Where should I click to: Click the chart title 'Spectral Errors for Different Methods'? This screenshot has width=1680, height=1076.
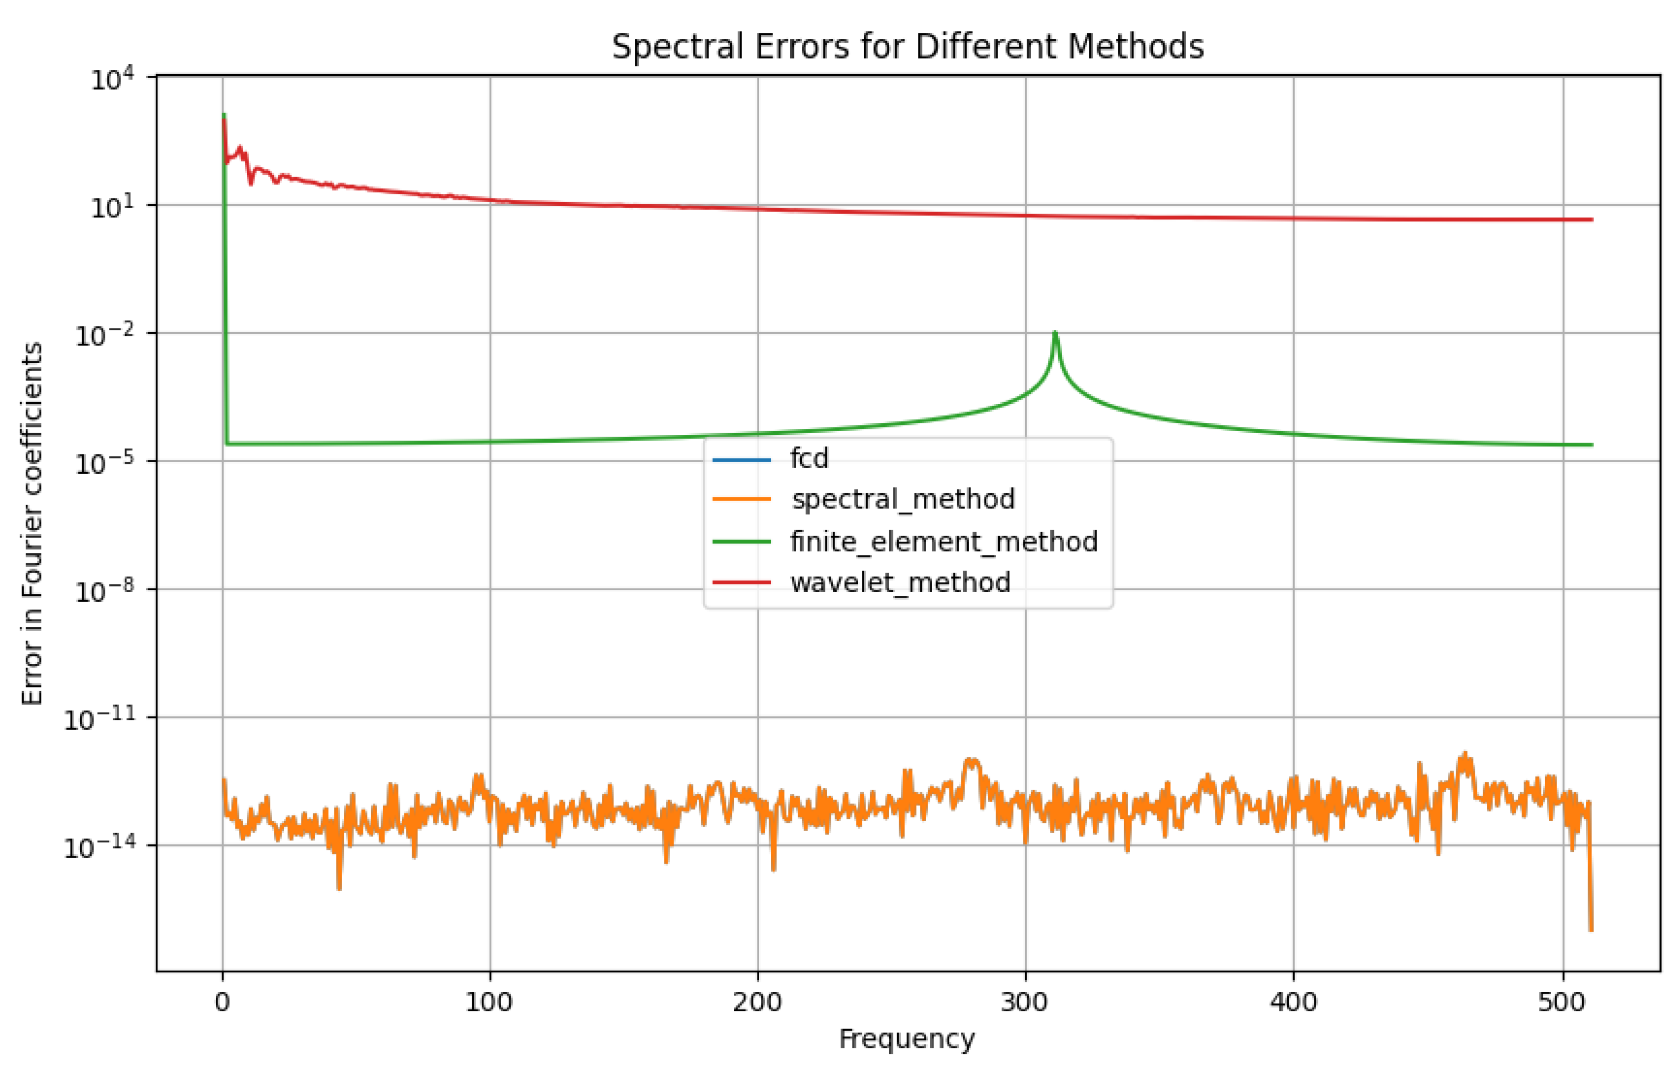[x=907, y=47]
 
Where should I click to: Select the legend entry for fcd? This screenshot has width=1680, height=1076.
[x=809, y=459]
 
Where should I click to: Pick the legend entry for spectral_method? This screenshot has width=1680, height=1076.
[x=902, y=499]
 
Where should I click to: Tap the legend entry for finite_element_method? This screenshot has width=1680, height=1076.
[x=943, y=542]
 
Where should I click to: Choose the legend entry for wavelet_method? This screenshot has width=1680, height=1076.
[x=900, y=582]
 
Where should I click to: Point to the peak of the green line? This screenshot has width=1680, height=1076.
[x=1055, y=333]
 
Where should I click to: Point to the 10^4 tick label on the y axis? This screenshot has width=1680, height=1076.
[x=112, y=79]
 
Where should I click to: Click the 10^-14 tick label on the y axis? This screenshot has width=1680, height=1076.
[x=98, y=848]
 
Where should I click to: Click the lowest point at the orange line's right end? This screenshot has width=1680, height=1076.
[x=1591, y=929]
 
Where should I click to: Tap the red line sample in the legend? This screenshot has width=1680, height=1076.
[x=741, y=582]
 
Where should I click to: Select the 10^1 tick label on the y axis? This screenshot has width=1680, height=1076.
[x=112, y=207]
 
